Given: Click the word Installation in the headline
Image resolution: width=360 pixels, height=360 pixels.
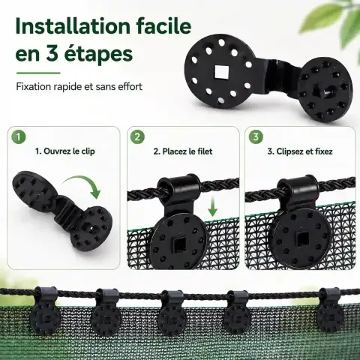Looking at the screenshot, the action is tap(73, 26).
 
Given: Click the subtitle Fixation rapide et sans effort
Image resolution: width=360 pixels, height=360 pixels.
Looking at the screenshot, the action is tap(79, 86).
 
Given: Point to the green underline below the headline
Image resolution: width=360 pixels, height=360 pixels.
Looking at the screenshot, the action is tap(38, 73).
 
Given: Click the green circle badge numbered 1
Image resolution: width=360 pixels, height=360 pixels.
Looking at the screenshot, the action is tap(19, 136).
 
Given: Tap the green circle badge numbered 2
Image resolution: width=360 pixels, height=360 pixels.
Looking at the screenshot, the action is tap(137, 136).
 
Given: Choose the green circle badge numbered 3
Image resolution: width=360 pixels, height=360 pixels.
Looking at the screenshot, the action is tap(256, 136).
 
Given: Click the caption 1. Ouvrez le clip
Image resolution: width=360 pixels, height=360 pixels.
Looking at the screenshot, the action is tap(65, 151).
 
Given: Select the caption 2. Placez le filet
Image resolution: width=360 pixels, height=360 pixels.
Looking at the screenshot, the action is tap(183, 151).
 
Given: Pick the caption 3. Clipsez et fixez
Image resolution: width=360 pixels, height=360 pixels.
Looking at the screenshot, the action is tap(300, 151).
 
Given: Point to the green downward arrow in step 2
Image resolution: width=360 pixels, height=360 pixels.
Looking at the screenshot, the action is tap(212, 206).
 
